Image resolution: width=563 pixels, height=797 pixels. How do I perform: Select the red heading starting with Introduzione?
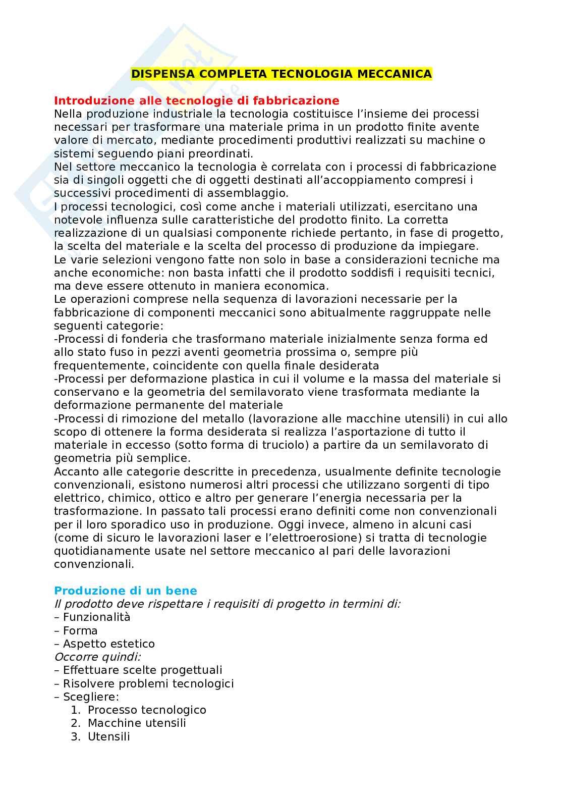tap(197, 100)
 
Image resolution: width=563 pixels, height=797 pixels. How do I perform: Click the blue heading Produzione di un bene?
tap(126, 591)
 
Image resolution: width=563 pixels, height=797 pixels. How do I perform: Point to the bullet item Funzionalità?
tap(96, 617)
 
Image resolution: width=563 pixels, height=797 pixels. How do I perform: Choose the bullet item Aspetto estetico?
tap(108, 644)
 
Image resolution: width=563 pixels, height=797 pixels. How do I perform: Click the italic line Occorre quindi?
tap(97, 657)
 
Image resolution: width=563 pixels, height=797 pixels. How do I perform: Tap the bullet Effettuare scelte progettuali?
tap(142, 670)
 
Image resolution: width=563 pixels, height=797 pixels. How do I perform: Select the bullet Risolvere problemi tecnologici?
tap(148, 683)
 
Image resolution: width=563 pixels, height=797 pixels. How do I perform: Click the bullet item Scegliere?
tap(91, 697)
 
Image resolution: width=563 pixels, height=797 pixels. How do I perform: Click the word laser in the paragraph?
tap(230, 538)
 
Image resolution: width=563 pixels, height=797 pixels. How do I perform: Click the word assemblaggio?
tap(251, 193)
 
